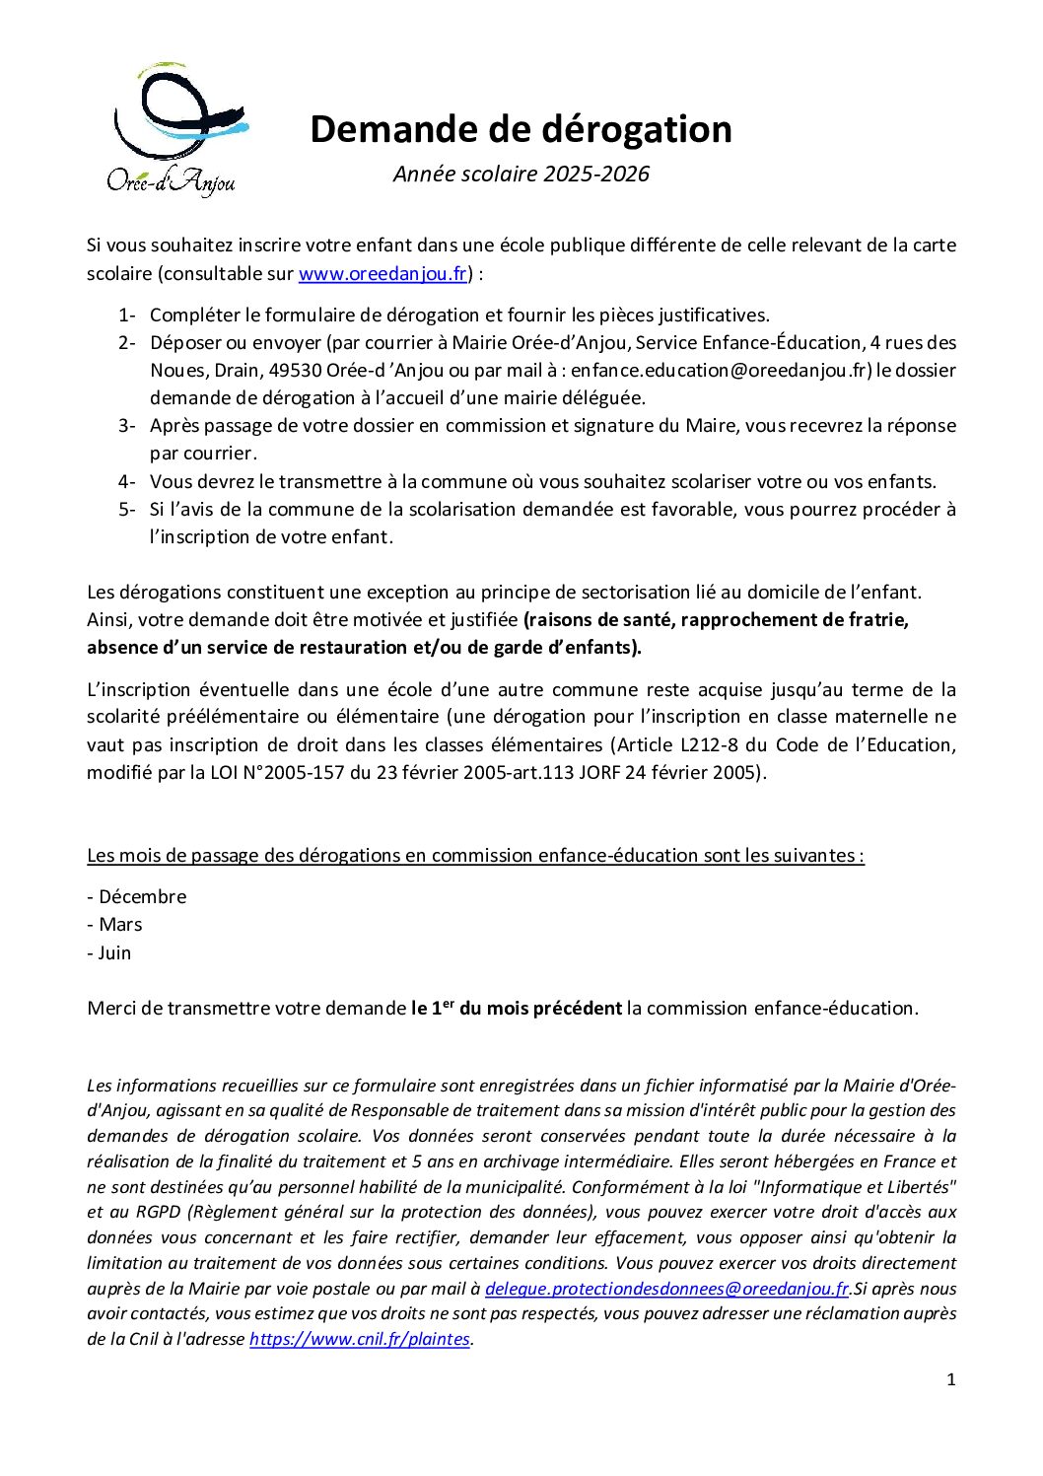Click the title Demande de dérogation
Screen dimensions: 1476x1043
(521, 129)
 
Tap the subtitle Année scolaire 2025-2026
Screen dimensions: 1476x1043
(521, 175)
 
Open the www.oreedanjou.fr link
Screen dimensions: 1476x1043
(382, 274)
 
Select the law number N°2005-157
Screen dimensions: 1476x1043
(290, 773)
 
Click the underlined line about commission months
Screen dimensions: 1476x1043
(475, 856)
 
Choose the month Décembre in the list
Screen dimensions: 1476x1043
(142, 897)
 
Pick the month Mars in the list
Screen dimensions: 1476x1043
(120, 925)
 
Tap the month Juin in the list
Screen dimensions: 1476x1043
(114, 953)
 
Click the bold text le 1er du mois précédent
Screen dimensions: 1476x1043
(517, 1008)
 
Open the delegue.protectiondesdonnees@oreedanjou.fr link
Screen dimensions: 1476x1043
(666, 1289)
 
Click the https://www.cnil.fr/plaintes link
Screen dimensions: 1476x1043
(360, 1340)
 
